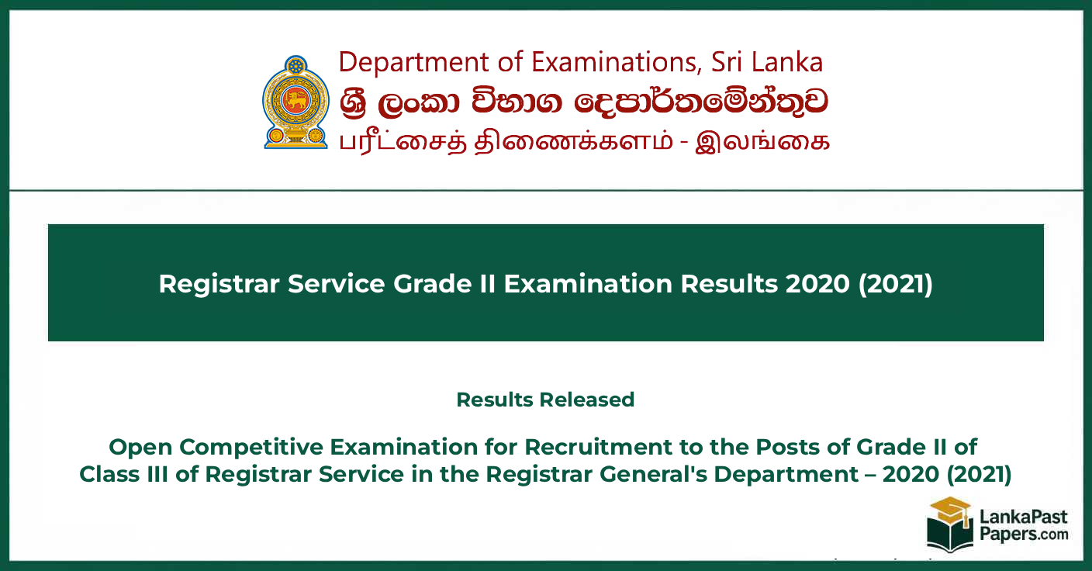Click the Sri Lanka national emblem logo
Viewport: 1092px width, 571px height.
[x=296, y=102]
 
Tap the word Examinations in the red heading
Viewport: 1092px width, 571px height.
[x=616, y=62]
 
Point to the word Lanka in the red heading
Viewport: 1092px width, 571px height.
[x=787, y=62]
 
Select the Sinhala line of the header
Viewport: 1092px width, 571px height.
[x=583, y=103]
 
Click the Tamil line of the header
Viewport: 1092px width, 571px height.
[x=584, y=141]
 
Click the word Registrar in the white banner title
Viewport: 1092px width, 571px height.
[x=219, y=284]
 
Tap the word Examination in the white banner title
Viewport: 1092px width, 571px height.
[x=588, y=283]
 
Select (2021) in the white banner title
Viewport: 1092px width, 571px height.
[x=896, y=284]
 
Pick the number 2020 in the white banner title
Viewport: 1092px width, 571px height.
[x=817, y=284]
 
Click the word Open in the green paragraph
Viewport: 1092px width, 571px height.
[x=140, y=447]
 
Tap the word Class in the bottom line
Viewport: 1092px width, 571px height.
[x=109, y=475]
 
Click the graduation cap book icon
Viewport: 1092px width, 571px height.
[x=950, y=524]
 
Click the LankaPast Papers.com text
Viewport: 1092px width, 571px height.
[x=1024, y=525]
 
